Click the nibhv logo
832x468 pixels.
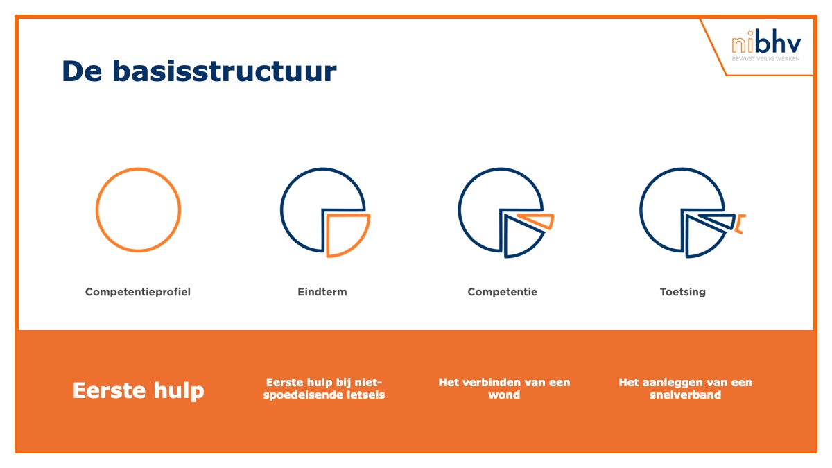pyautogui.click(x=766, y=46)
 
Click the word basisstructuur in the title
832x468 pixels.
pyautogui.click(x=225, y=71)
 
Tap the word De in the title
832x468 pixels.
pyautogui.click(x=82, y=71)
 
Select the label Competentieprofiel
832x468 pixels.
pyautogui.click(x=138, y=292)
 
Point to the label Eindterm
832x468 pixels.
pyautogui.click(x=322, y=292)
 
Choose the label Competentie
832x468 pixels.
pyautogui.click(x=503, y=292)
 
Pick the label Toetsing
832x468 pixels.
pyautogui.click(x=683, y=292)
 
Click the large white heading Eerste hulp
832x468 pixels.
pyautogui.click(x=138, y=390)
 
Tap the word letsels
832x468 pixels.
pyautogui.click(x=365, y=395)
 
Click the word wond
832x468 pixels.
pyautogui.click(x=504, y=395)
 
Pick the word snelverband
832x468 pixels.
pyautogui.click(x=685, y=395)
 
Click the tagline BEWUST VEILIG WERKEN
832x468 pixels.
pyautogui.click(x=766, y=59)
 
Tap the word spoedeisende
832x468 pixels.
pyautogui.click(x=303, y=395)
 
